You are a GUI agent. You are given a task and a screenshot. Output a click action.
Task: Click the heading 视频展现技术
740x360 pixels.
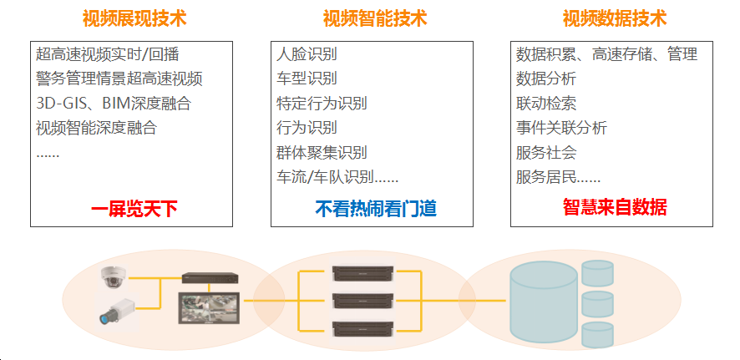click(x=134, y=19)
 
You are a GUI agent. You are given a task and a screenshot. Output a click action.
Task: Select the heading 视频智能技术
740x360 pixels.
click(x=375, y=19)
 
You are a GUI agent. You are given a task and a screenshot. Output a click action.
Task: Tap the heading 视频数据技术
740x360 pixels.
click(x=615, y=19)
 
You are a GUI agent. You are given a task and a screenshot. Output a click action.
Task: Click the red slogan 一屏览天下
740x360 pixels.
click(x=134, y=209)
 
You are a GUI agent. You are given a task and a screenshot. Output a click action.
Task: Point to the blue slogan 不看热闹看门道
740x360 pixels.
click(x=376, y=209)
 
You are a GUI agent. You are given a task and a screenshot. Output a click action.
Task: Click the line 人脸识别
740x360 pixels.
click(x=307, y=54)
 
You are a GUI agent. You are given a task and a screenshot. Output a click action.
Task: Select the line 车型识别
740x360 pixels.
click(x=307, y=79)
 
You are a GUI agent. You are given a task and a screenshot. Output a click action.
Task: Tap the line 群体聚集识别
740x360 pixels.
click(x=322, y=152)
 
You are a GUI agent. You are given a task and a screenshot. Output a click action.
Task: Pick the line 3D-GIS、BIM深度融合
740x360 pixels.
click(x=114, y=104)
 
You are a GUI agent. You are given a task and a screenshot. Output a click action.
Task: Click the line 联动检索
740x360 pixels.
click(x=546, y=104)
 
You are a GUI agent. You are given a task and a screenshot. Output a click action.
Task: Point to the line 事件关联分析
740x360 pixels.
click(x=561, y=128)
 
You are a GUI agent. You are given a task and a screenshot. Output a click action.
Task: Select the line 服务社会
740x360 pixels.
click(x=546, y=152)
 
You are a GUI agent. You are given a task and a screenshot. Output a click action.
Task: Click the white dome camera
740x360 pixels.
click(x=114, y=276)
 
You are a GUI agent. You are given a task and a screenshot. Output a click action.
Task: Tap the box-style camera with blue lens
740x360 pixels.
click(x=116, y=311)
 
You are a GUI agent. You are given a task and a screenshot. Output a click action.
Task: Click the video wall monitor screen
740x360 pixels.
click(x=209, y=308)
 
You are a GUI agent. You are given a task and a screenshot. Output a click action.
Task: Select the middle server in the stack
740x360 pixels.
click(x=363, y=301)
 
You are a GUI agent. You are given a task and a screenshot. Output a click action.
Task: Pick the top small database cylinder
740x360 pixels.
click(x=597, y=273)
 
